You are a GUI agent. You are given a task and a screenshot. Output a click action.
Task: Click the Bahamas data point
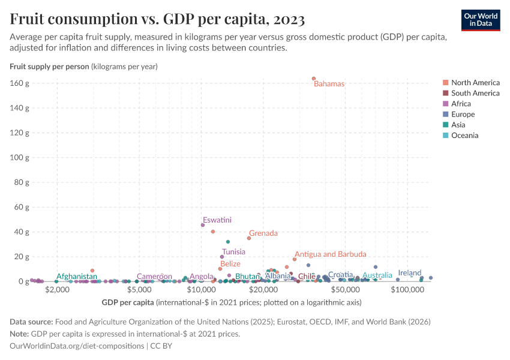pos(314,79)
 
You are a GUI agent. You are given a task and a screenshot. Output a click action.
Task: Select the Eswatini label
pos(217,220)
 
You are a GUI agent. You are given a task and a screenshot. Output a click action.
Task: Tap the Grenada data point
pos(249,238)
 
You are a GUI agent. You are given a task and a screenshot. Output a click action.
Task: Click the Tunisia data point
pos(222,257)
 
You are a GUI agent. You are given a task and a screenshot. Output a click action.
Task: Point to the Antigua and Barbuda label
pos(330,254)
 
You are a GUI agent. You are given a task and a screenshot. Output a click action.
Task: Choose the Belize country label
pos(230,264)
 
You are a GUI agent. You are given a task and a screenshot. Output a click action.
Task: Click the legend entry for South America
pos(475,93)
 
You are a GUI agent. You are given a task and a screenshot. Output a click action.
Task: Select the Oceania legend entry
pos(465,136)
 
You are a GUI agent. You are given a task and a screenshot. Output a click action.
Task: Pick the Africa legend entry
pos(461,104)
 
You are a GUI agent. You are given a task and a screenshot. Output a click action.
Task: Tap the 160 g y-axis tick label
pos(20,83)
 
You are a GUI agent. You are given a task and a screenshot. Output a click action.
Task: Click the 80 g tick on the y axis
pos(22,182)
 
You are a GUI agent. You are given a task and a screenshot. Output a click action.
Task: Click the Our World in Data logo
pos(481,19)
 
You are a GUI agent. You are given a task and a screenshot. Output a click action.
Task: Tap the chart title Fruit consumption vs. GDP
pos(157,19)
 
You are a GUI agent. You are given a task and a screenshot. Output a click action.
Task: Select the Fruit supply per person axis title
pos(49,67)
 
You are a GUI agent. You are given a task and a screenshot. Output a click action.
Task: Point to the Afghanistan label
pos(76,277)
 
